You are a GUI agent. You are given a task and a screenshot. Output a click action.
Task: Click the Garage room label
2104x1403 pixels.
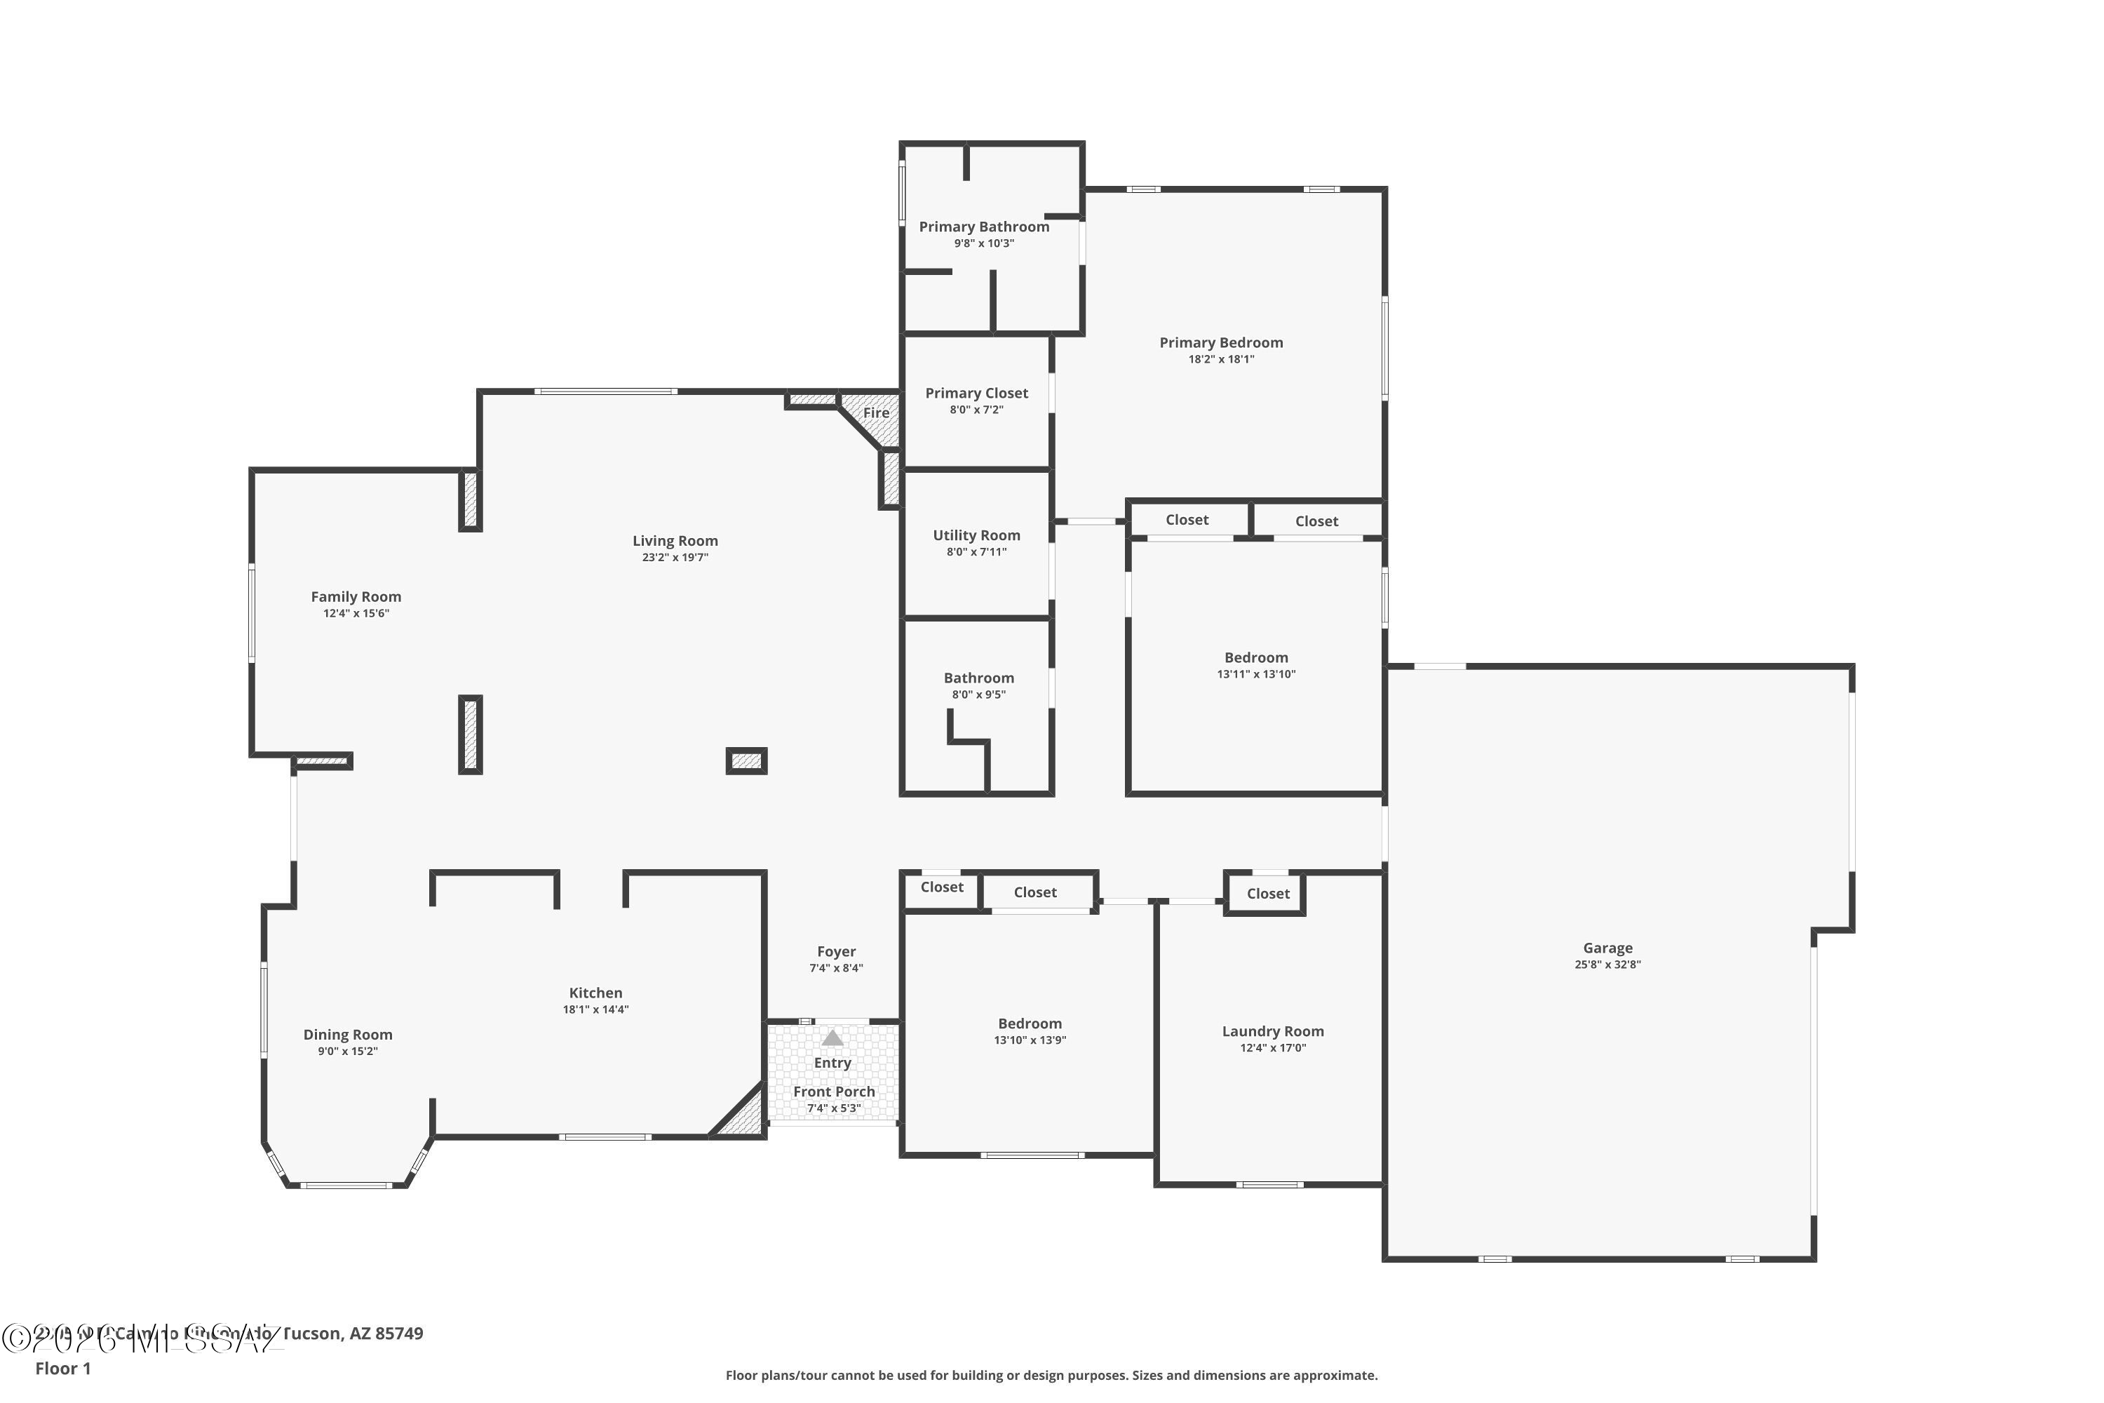(1607, 948)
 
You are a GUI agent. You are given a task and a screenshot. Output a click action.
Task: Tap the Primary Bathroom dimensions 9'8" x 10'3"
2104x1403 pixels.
(984, 243)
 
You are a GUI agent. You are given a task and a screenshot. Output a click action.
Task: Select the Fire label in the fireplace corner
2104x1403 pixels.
(876, 412)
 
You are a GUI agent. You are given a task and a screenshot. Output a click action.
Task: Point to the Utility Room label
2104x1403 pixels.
(976, 535)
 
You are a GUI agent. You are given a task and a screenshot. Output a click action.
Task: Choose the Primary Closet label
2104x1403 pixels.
(976, 393)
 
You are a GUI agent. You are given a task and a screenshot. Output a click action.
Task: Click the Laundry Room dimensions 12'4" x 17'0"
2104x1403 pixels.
(1273, 1048)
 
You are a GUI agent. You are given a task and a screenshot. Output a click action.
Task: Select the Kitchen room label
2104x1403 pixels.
(595, 993)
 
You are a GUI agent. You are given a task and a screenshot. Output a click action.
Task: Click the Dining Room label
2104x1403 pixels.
(347, 1034)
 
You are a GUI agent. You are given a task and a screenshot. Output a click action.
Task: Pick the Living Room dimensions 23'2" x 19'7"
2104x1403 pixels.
(675, 558)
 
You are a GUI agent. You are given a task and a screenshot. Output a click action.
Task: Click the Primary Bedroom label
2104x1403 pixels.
(1221, 343)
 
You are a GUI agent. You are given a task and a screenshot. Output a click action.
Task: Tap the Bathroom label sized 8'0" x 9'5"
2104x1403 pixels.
(978, 678)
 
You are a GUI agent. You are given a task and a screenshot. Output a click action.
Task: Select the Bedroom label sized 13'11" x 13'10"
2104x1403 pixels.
(1256, 658)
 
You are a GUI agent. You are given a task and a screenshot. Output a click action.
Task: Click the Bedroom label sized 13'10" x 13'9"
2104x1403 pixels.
(1030, 1023)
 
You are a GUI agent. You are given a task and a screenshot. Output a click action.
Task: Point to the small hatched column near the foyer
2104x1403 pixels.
(746, 760)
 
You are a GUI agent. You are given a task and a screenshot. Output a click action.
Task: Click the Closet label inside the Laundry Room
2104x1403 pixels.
(1267, 893)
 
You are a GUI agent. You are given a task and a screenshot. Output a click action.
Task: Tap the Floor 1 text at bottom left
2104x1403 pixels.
(62, 1368)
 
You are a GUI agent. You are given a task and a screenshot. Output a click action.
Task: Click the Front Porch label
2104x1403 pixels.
(834, 1092)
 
